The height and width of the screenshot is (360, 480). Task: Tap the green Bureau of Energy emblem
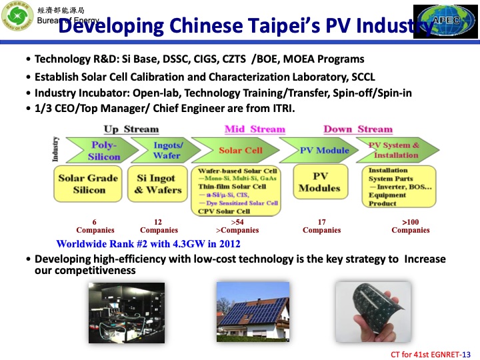(x=18, y=21)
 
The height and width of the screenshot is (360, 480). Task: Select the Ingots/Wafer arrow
(x=166, y=151)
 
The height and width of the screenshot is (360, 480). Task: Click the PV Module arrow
(x=323, y=151)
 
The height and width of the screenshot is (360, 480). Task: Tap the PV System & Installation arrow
(x=397, y=151)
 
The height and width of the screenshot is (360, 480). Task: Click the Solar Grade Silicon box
(x=89, y=184)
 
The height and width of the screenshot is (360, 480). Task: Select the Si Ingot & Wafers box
(x=158, y=184)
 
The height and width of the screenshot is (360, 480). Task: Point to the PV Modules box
(x=319, y=183)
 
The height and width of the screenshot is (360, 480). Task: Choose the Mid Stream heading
(x=255, y=129)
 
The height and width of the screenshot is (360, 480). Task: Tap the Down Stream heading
(x=358, y=129)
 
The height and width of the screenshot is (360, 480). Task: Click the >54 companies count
(x=237, y=226)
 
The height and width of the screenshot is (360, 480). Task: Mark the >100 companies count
(x=411, y=226)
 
